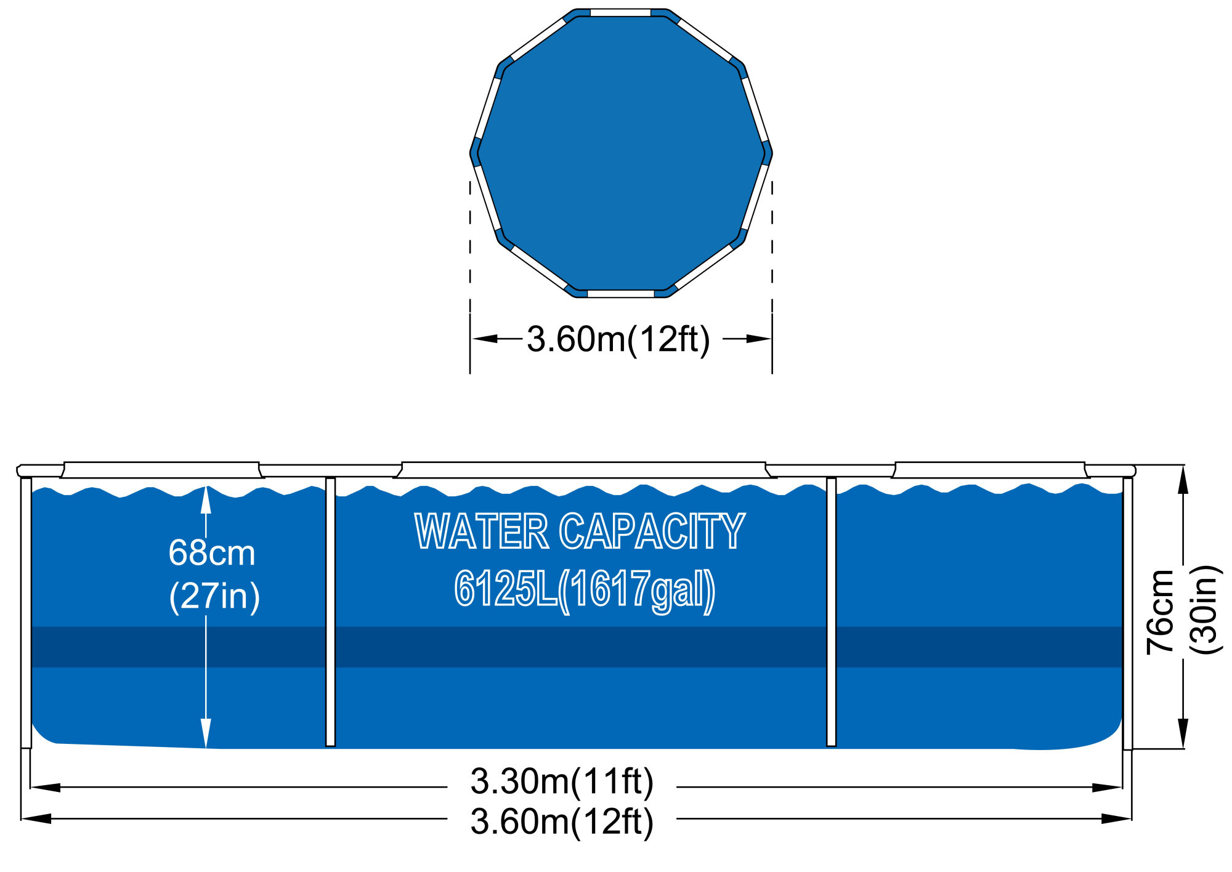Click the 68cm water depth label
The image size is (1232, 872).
pos(211,553)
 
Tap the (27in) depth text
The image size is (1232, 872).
pos(214,596)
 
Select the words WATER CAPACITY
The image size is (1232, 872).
pos(580,531)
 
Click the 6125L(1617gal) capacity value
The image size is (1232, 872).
pos(585,590)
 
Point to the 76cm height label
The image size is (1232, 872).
pos(1159,612)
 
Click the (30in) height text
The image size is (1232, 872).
pos(1204,610)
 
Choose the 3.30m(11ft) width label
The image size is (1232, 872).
pos(561,781)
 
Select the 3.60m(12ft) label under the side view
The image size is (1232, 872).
pos(561,822)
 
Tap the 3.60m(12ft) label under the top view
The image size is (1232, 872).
pos(618,339)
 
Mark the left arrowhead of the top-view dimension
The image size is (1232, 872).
pos(484,339)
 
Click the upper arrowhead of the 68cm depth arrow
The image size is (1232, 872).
pos(206,499)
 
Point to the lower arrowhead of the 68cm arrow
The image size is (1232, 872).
pos(206,734)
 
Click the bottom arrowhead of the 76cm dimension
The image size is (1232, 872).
pos(1182,734)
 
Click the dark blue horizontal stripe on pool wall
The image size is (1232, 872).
pos(579,647)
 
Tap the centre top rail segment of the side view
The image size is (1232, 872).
pos(582,469)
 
